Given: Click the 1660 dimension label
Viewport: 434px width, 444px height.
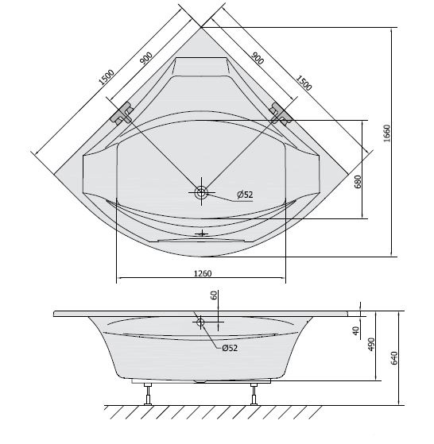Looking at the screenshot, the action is (x=387, y=133).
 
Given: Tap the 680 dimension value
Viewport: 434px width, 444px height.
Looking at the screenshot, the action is (x=358, y=182).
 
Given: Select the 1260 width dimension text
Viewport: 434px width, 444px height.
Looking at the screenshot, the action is (x=203, y=273).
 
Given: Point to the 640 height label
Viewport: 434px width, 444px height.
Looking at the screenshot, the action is (x=394, y=358).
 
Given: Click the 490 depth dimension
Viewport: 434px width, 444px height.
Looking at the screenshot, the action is (x=371, y=344).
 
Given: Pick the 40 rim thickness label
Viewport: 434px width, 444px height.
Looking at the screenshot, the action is (x=356, y=330).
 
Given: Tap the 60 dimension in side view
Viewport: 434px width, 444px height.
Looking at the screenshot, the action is (x=214, y=295).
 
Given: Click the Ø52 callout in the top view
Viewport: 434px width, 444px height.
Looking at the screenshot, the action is (x=245, y=195).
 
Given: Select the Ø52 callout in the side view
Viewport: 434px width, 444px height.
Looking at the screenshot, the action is (x=230, y=348).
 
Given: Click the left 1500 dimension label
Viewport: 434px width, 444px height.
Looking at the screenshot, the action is (x=107, y=77).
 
